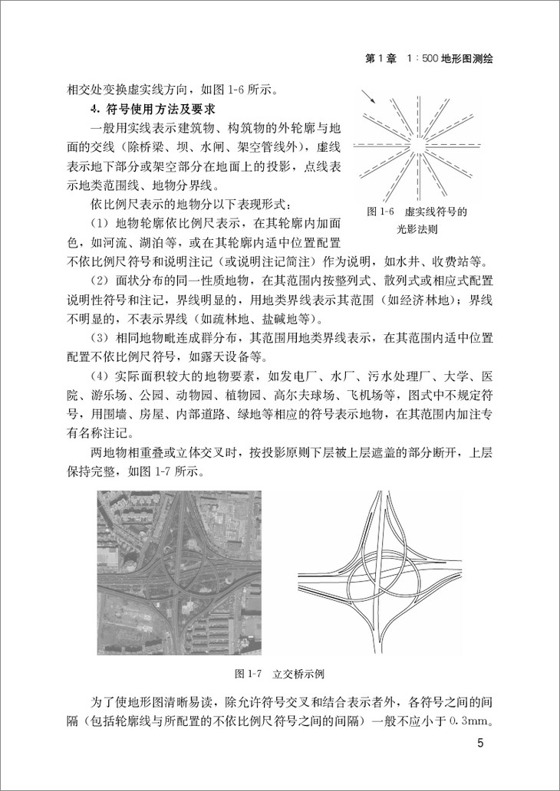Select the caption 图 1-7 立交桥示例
(279, 674)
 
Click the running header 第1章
(382, 58)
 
